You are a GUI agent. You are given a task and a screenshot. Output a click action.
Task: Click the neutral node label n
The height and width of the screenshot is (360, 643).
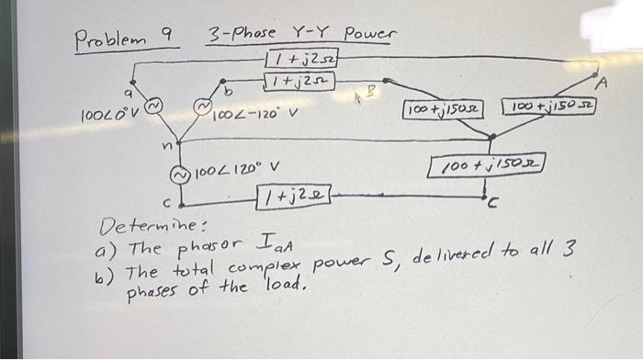[x=164, y=143]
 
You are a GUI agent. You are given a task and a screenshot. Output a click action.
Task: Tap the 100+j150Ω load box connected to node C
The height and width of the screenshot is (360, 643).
[x=487, y=166]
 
